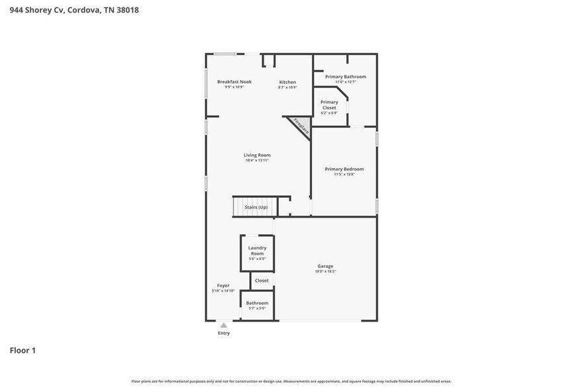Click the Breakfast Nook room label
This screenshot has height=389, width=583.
click(x=235, y=81)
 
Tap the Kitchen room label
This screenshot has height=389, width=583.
click(x=287, y=82)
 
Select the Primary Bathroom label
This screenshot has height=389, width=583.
click(x=345, y=77)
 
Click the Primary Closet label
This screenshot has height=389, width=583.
click(x=329, y=105)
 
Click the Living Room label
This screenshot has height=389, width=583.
click(x=257, y=155)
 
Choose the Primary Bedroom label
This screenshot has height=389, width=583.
click(x=344, y=169)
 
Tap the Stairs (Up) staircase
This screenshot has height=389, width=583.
click(x=256, y=207)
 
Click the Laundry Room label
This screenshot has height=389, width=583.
click(x=257, y=250)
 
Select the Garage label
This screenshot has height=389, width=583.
click(x=325, y=266)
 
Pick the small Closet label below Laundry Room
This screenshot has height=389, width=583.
click(x=262, y=281)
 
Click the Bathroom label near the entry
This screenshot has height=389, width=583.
click(x=257, y=303)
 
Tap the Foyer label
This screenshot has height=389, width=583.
click(x=223, y=286)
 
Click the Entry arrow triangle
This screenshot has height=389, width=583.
click(x=224, y=325)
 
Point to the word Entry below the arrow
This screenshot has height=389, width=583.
click(x=224, y=333)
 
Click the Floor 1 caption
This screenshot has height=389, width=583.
click(x=22, y=350)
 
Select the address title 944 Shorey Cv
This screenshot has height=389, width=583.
click(x=74, y=10)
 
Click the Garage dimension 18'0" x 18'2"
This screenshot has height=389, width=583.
click(x=325, y=271)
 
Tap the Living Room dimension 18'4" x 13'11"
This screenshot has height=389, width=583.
click(x=257, y=160)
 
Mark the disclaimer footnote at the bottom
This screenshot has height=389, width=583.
click(x=291, y=381)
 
